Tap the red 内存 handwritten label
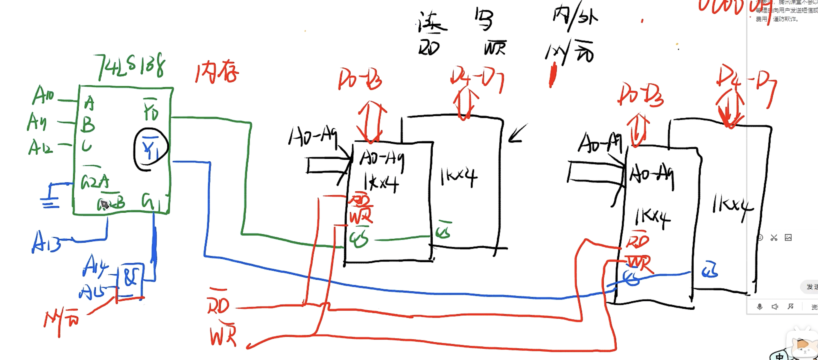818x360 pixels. [217, 72]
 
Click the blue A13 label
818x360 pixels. [46, 242]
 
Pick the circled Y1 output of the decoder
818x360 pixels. [150, 149]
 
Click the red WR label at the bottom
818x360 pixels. [223, 335]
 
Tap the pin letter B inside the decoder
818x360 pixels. [88, 125]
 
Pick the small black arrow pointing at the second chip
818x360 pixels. [518, 134]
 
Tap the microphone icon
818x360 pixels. [760, 307]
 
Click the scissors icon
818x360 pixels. [774, 238]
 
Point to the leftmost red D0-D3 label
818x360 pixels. [360, 79]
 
